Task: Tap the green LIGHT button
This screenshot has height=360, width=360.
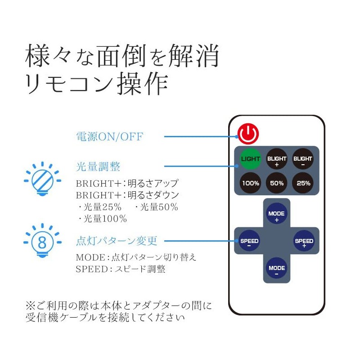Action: pos(250,159)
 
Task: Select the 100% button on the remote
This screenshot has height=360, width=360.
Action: pos(250,183)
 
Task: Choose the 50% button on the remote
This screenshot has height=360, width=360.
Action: pos(277,183)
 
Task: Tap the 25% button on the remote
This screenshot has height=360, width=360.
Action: pos(303,183)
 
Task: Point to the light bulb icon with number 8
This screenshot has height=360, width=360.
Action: pos(42,243)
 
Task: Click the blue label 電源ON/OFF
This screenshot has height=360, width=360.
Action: pos(109,136)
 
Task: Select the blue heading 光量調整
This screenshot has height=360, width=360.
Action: pos(98,167)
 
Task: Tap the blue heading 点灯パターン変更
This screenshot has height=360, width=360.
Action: pos(117,241)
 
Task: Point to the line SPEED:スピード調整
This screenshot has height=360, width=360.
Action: pos(120,269)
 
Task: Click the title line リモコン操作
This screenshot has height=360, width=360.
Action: pos(97,85)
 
